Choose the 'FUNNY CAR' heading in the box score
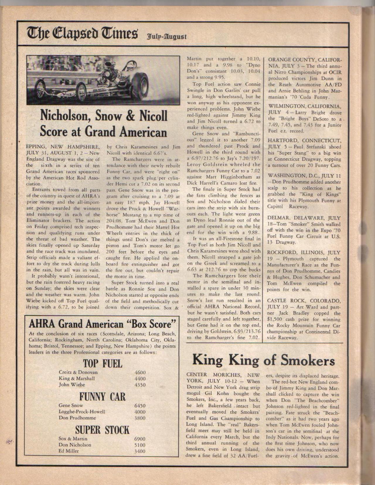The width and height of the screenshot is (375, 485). click(102, 397)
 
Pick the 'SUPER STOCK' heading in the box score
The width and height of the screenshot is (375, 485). click(102, 430)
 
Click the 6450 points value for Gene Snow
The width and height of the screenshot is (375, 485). click(140, 406)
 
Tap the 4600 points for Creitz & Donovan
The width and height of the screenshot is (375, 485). click(140, 372)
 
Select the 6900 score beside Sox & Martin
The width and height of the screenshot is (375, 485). click(140, 439)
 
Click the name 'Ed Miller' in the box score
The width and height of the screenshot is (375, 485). click(69, 451)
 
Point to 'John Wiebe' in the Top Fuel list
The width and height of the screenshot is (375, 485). click(72, 385)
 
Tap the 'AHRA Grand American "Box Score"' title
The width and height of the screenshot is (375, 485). click(102, 324)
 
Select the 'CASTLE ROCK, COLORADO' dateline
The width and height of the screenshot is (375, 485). click(304, 301)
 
